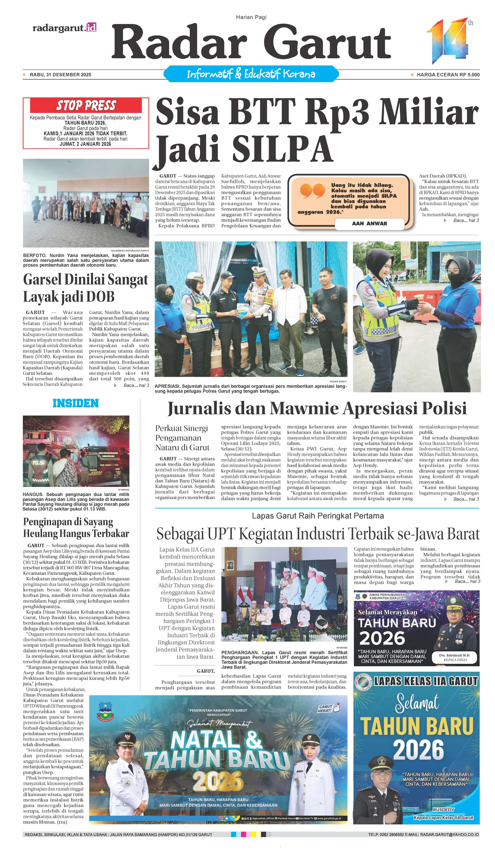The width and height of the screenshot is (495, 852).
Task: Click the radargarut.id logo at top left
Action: pos(64,28)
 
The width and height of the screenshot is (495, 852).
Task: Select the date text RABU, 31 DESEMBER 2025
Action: pos(60,75)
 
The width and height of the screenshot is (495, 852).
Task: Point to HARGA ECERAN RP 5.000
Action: pos(448,75)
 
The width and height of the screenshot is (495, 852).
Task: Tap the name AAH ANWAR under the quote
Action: pos(369,224)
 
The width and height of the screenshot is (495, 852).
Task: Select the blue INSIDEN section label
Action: pos(76,403)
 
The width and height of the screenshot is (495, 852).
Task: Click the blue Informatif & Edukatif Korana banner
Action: pos(251,74)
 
